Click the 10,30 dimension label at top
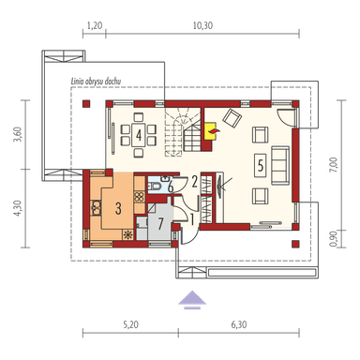(202, 25)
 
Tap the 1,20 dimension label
(95, 25)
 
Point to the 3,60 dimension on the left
(18, 134)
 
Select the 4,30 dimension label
(18, 208)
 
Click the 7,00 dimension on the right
(334, 165)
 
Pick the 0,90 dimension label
(334, 238)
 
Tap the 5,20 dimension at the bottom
(130, 324)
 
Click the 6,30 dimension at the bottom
(239, 324)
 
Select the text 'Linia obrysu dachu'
(96, 82)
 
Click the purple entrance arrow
(192, 299)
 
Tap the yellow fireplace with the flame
(211, 131)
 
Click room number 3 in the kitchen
(118, 208)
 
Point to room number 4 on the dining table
(139, 135)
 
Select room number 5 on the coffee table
(261, 165)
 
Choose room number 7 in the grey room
(160, 224)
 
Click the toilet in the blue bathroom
(154, 187)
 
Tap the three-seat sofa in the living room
(280, 165)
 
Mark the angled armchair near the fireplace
(232, 118)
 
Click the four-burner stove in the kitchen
(140, 196)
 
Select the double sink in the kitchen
(96, 208)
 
